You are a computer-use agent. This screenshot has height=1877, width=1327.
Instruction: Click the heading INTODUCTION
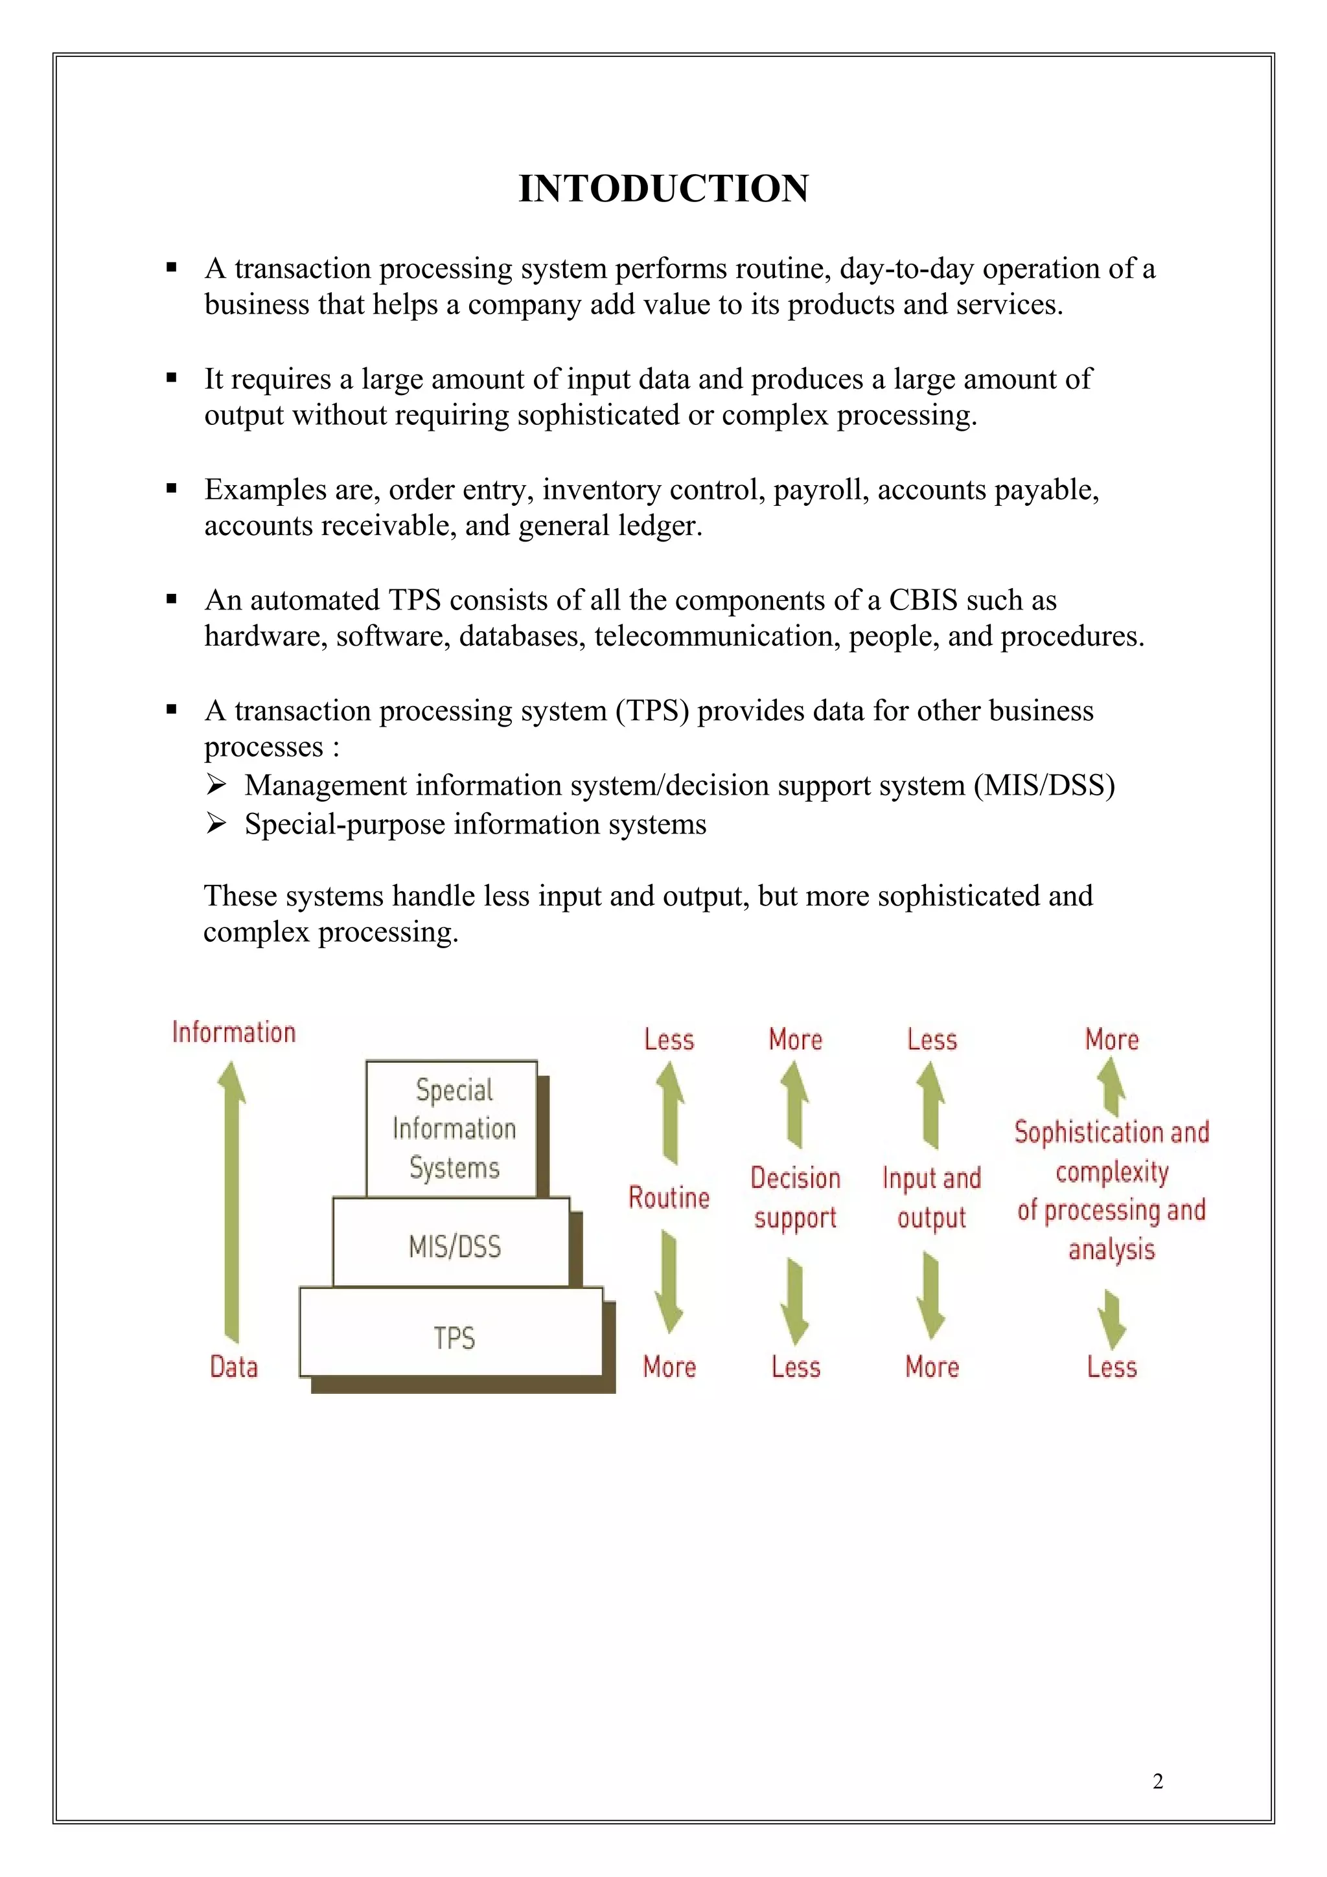(663, 189)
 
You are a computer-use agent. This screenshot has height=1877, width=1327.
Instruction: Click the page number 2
(1157, 1781)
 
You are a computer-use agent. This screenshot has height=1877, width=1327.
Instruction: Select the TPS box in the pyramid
(452, 1338)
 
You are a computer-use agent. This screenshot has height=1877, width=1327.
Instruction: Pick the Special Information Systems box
(453, 1129)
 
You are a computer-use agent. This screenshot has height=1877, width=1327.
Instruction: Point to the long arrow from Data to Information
(232, 1201)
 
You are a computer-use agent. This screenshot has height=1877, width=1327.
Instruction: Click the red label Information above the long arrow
(234, 1032)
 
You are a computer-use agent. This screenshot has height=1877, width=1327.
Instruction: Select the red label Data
(234, 1367)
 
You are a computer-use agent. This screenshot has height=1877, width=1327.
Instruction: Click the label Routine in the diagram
(669, 1198)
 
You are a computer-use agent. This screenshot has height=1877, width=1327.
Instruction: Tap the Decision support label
(796, 1198)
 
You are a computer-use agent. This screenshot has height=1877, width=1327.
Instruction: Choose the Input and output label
(931, 1198)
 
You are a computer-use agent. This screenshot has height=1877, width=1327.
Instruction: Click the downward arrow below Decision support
(795, 1301)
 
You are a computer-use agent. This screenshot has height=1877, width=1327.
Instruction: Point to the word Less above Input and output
(931, 1040)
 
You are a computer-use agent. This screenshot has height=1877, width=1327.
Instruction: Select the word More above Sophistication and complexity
(1111, 1040)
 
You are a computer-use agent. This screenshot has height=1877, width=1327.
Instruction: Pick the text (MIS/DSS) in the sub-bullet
(1044, 786)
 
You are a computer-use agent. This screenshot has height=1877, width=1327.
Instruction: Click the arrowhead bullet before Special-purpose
(216, 823)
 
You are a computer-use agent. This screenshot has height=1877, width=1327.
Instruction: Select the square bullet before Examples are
(172, 489)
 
